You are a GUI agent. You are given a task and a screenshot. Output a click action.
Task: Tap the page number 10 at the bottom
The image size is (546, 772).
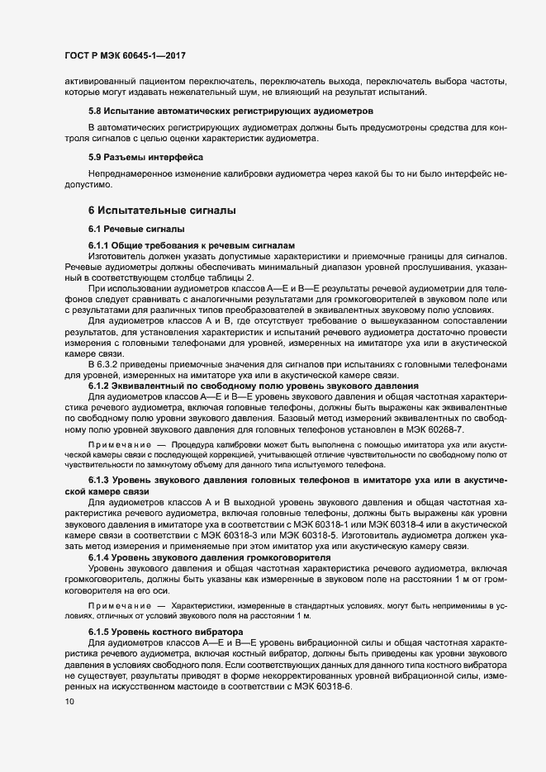(x=69, y=702)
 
